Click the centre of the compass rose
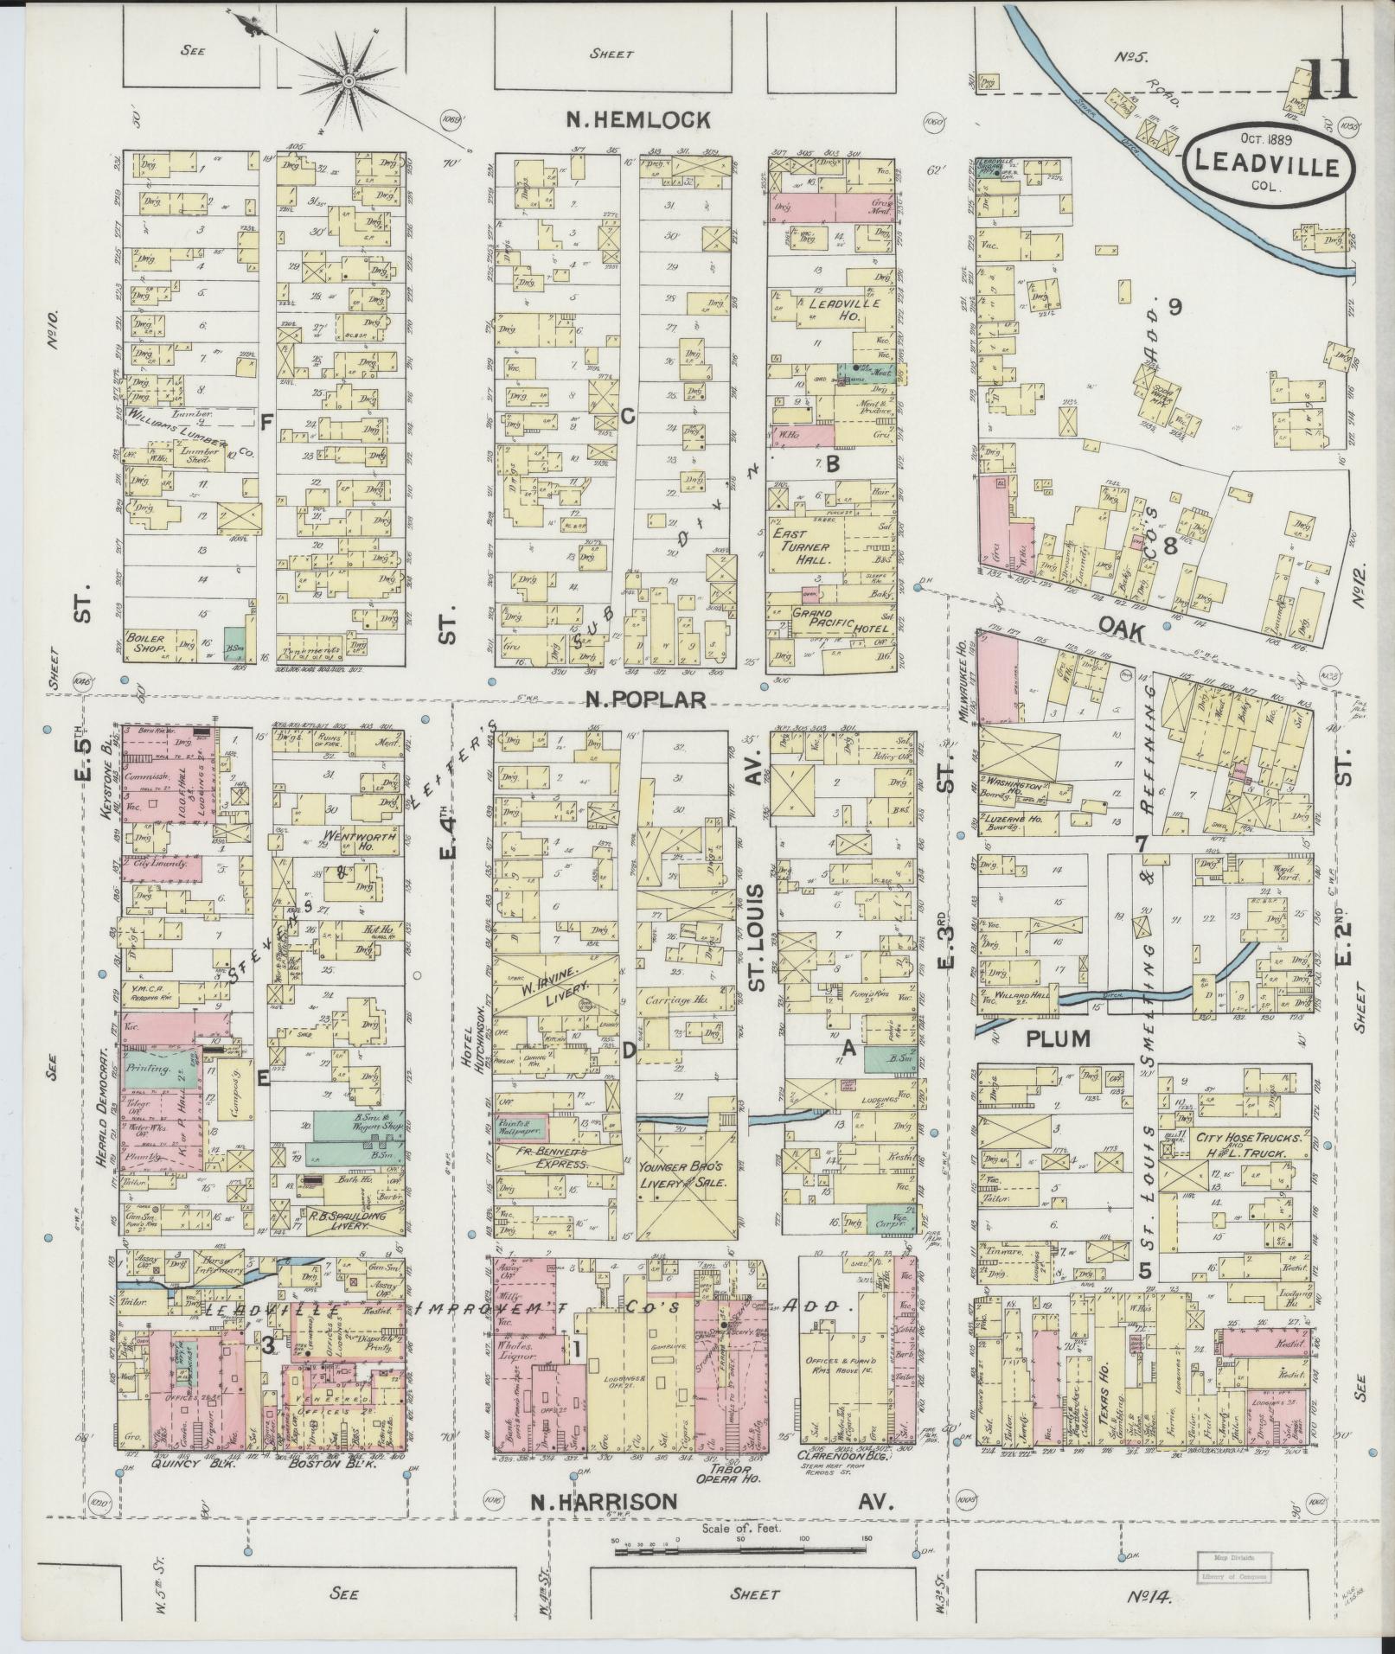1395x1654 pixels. point(349,81)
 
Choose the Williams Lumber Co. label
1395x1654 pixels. point(186,430)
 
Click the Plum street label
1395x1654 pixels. point(1057,1038)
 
